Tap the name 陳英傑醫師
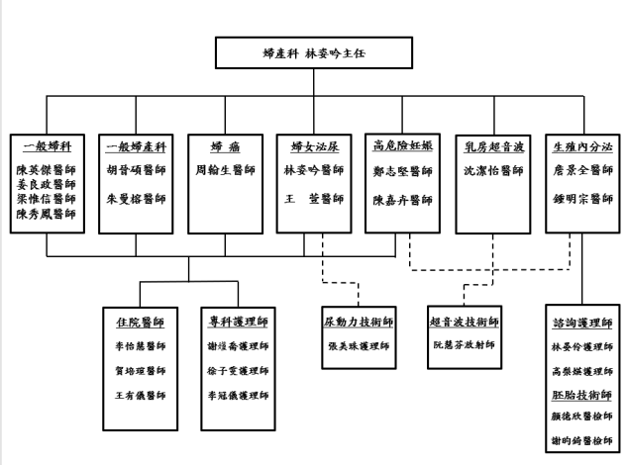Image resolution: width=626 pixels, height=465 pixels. point(47,170)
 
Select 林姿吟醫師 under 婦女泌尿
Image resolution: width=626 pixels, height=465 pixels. point(314,170)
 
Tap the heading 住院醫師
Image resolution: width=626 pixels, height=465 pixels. point(140,323)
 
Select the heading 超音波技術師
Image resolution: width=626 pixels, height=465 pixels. point(465,323)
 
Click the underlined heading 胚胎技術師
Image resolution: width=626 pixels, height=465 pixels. point(581,393)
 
